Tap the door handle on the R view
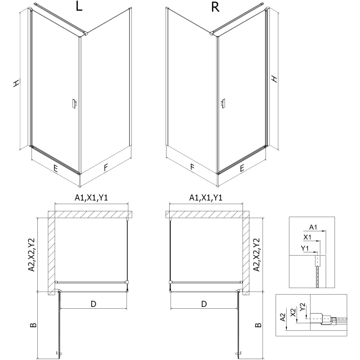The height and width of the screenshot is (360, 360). coord(222,104)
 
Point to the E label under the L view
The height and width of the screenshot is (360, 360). coord(55,169)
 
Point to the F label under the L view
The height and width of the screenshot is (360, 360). coord(106,168)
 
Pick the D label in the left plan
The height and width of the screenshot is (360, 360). coord(93,304)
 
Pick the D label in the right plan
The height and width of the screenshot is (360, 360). coord(204,304)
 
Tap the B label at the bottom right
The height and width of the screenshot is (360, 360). coord(257,325)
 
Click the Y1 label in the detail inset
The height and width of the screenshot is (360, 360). coord(305,248)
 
